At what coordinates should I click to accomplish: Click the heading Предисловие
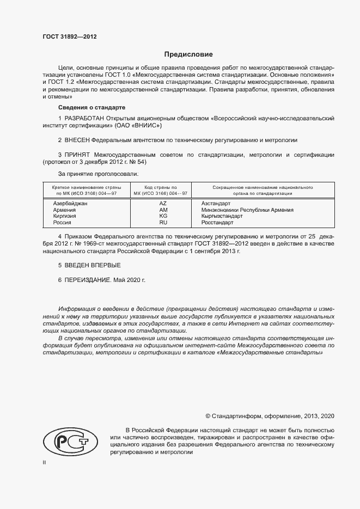(188, 54)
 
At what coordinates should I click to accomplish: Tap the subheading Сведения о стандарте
(92, 107)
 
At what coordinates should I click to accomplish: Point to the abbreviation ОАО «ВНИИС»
(138, 125)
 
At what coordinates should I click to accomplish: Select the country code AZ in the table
(163, 203)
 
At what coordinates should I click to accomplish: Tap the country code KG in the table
(163, 216)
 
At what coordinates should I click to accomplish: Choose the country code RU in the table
(163, 223)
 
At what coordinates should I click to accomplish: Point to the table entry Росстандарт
(218, 223)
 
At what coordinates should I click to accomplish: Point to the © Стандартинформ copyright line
(270, 416)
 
